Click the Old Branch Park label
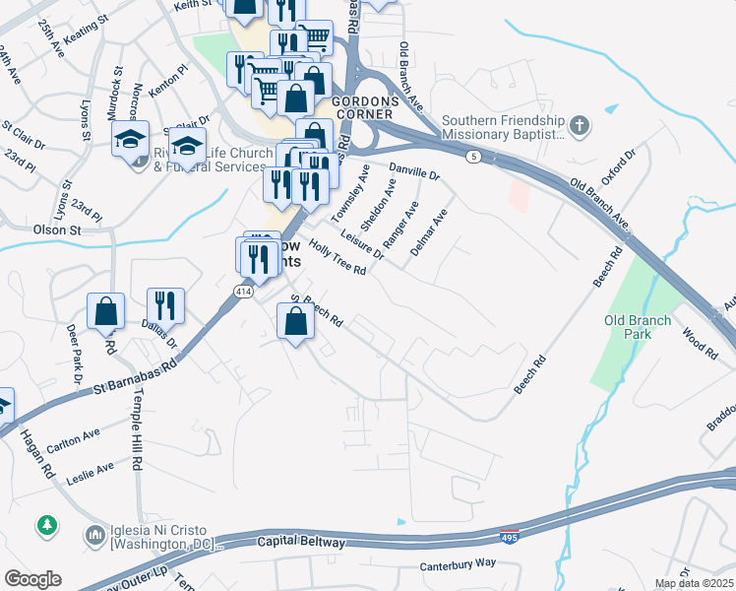point(638,327)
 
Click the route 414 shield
point(245,292)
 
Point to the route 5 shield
point(473,157)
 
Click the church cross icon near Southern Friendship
point(581,126)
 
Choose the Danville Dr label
point(413,171)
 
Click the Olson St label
point(57,230)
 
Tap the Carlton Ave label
point(73,434)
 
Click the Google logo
point(32,579)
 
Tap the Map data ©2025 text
point(693,583)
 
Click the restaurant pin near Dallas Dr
point(165,305)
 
